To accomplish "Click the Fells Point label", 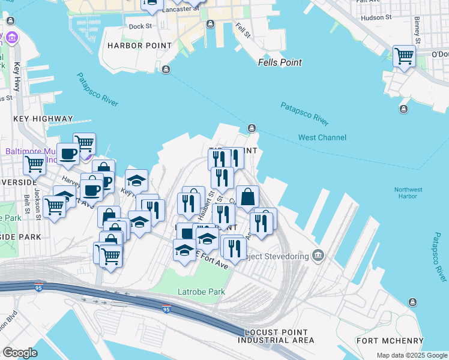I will point(280,62).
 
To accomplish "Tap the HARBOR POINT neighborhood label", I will point(133,46).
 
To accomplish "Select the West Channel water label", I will point(322,138).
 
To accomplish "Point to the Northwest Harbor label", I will point(408,193).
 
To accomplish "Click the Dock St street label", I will point(140,26).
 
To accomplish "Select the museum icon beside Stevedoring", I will point(318,256).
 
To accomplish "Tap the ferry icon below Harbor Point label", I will point(166,70).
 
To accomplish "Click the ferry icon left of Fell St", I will point(211,24).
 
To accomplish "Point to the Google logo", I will point(20,353).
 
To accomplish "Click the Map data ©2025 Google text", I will point(411,355).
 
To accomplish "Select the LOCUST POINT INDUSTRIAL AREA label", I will point(276,337).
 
